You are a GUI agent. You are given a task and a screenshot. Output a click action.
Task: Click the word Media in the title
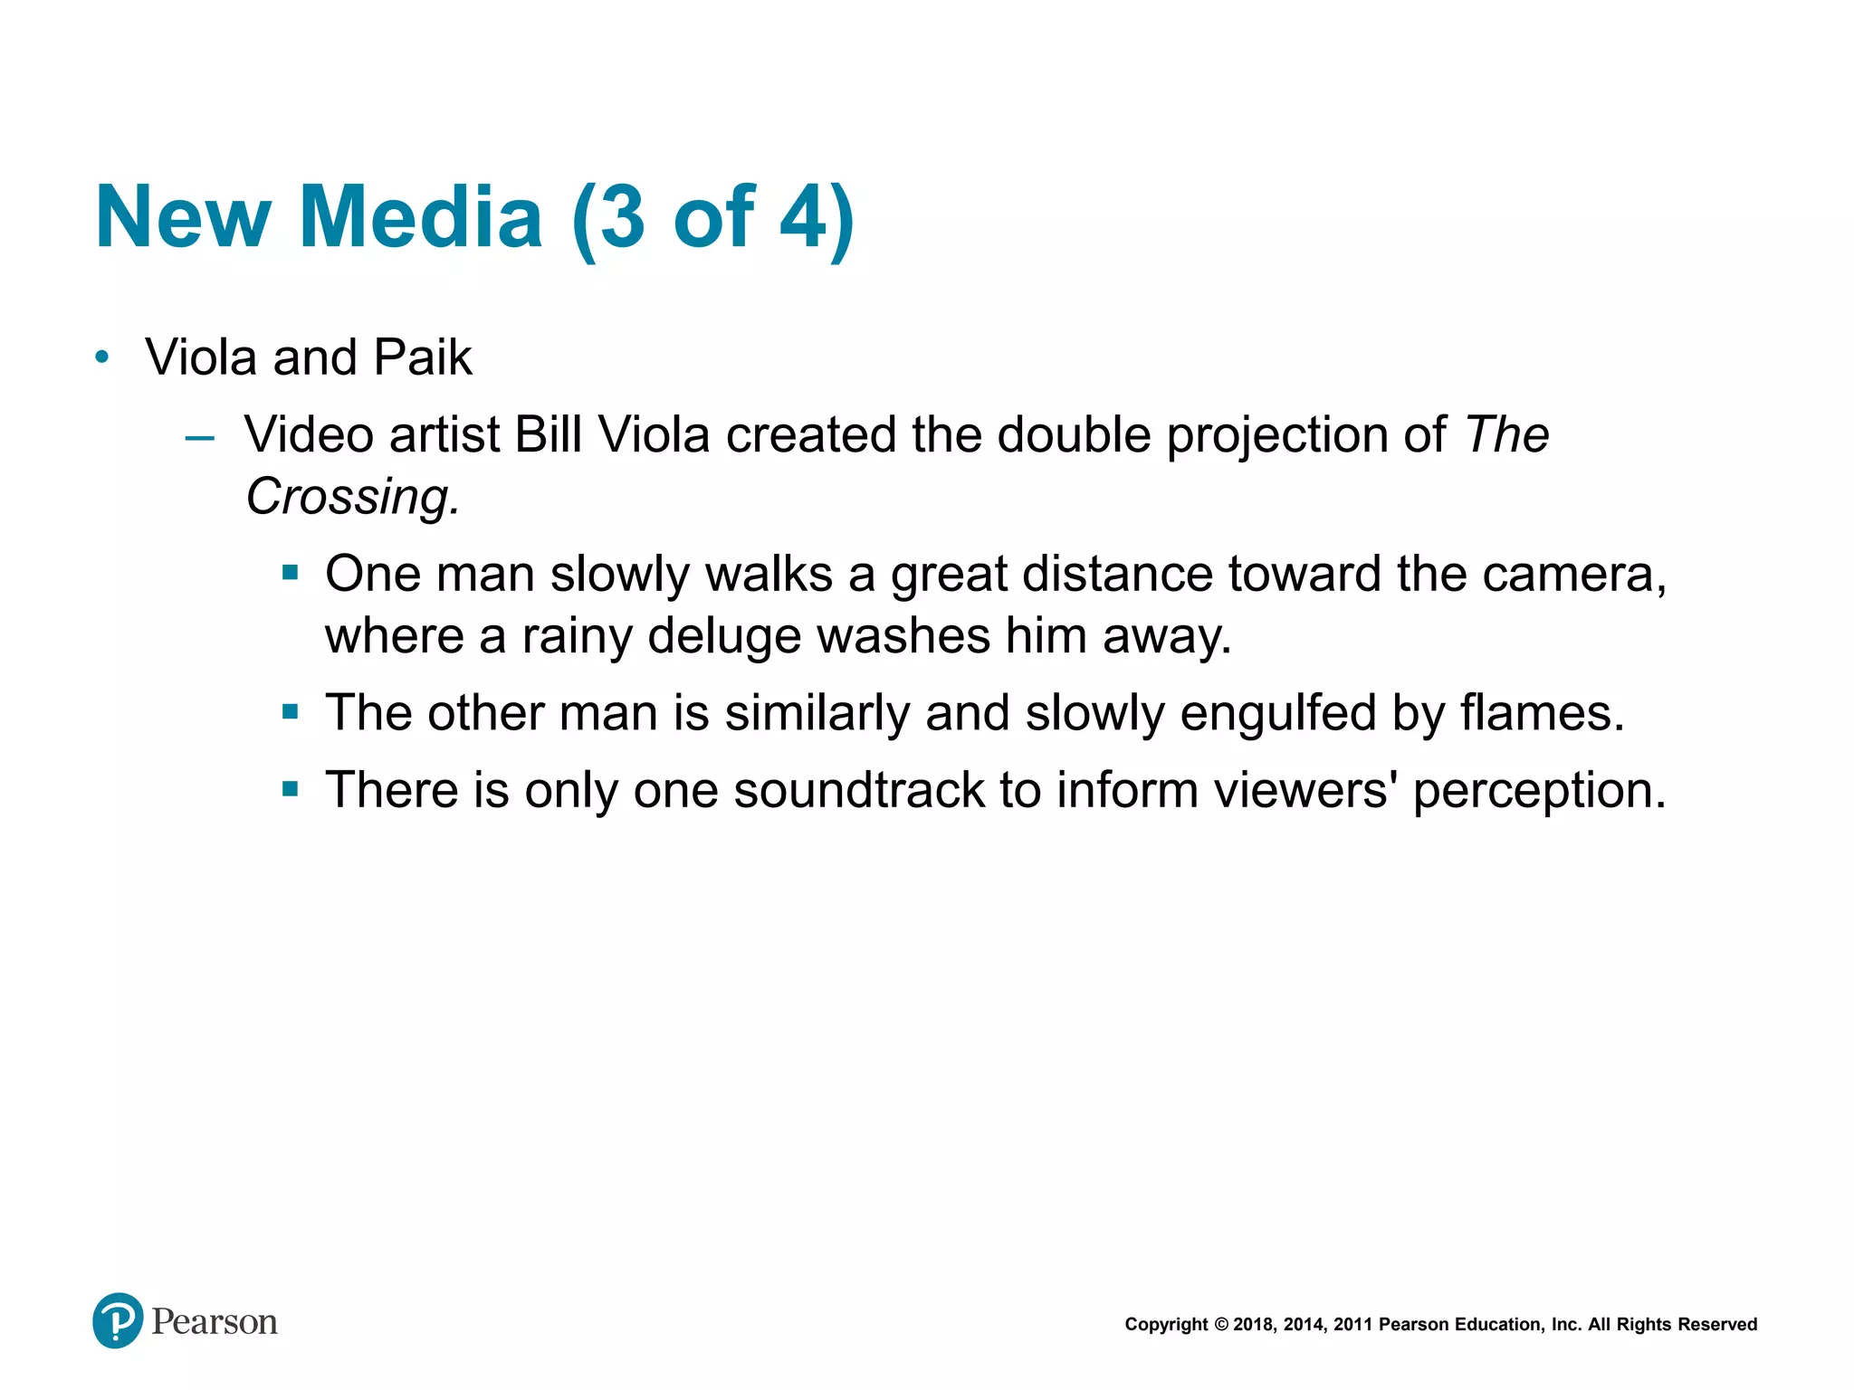pyautogui.click(x=421, y=218)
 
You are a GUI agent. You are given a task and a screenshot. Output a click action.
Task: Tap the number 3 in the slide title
pyautogui.click(x=622, y=218)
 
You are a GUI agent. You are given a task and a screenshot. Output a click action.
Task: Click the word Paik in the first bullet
pyautogui.click(x=423, y=357)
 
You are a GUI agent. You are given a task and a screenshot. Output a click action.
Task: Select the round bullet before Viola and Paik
pyautogui.click(x=102, y=357)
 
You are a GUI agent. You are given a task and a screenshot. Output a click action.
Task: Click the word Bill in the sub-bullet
pyautogui.click(x=548, y=435)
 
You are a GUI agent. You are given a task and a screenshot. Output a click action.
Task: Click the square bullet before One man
pyautogui.click(x=290, y=573)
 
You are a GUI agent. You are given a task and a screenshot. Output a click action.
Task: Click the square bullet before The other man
pyautogui.click(x=290, y=712)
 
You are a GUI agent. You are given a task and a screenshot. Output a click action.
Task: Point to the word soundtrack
pyautogui.click(x=858, y=790)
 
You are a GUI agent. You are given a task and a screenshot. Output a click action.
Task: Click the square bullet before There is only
pyautogui.click(x=290, y=789)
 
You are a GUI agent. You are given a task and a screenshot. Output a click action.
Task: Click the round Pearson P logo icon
pyautogui.click(x=118, y=1320)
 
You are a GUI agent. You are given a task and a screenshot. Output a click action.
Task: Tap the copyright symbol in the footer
pyautogui.click(x=1221, y=1325)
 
